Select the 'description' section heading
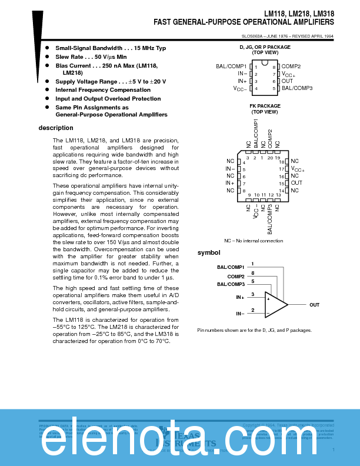(x=56, y=128)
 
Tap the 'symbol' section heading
(x=208, y=252)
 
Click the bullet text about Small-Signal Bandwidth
(x=111, y=48)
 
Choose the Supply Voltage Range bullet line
(x=111, y=81)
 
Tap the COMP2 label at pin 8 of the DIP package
(x=291, y=67)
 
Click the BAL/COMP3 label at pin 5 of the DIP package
(x=297, y=88)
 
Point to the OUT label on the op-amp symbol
(x=315, y=305)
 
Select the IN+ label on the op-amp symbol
(x=240, y=297)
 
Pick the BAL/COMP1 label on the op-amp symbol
(x=231, y=267)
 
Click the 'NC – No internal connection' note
(x=254, y=241)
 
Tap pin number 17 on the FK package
(x=281, y=169)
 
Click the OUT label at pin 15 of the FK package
(x=296, y=183)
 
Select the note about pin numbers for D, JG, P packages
(x=254, y=330)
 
